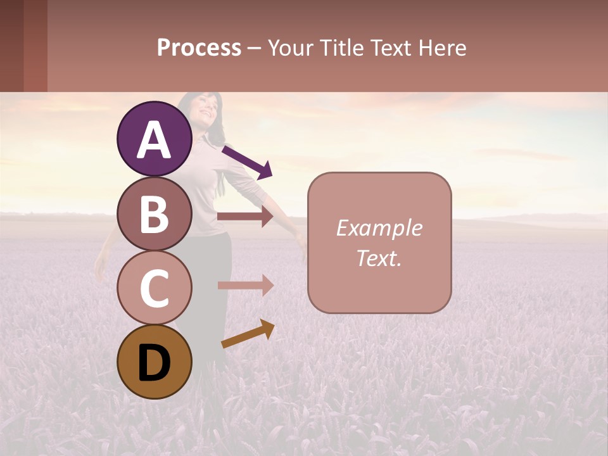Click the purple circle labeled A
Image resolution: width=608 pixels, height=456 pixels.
[x=155, y=139]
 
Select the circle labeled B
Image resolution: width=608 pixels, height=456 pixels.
[x=155, y=213]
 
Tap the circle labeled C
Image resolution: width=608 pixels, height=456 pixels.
[x=155, y=288]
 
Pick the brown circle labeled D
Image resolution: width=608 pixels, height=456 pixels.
[x=155, y=362]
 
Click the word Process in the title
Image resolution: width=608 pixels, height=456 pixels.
[x=199, y=47]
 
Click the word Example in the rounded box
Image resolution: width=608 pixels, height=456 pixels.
[x=379, y=228]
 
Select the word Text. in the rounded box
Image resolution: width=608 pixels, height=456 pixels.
[x=379, y=258]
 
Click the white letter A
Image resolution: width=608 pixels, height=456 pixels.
[x=155, y=140]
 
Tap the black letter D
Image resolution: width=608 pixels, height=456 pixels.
[x=155, y=363]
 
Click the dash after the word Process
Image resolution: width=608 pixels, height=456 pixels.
[x=254, y=49]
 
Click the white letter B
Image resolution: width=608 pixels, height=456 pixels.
[x=155, y=214]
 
